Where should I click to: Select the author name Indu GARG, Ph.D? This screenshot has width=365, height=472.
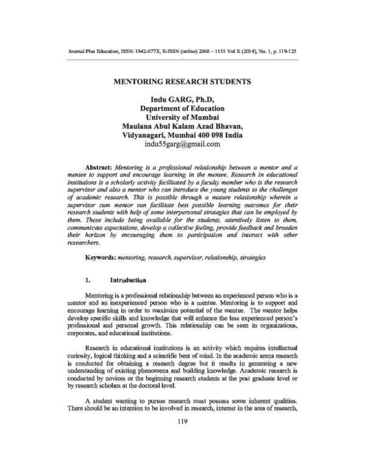click(x=182, y=99)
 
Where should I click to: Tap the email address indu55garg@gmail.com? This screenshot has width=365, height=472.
click(x=182, y=145)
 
